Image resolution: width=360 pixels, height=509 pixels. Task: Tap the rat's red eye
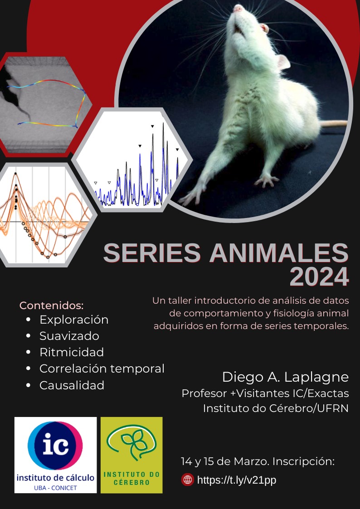click(x=265, y=28)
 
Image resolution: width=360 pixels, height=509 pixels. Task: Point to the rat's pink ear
click(x=283, y=62)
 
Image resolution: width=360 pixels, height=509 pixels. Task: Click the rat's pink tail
click(x=334, y=123)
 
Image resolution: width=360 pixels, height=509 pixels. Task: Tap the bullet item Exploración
click(x=74, y=320)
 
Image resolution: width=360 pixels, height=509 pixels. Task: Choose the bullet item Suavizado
click(x=69, y=336)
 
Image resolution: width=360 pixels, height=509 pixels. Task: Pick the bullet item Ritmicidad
click(x=72, y=352)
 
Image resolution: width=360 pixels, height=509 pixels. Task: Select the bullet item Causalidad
click(x=72, y=385)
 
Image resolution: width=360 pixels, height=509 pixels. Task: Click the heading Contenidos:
click(x=52, y=305)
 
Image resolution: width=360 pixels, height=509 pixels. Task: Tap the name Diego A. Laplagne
click(x=285, y=377)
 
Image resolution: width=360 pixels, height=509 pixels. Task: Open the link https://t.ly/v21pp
click(x=237, y=480)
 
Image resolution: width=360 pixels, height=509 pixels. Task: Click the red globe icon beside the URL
click(x=188, y=480)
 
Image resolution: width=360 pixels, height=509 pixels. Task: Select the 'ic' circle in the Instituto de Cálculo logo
click(x=55, y=445)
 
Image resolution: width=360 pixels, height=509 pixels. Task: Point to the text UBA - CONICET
click(x=55, y=488)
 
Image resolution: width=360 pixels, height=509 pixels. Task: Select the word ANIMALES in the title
click(x=279, y=253)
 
